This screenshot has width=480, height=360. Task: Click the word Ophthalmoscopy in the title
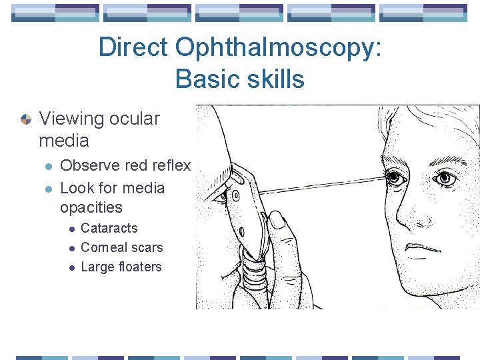(x=279, y=48)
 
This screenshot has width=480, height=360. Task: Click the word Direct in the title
(x=133, y=48)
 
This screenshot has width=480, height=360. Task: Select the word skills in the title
(x=275, y=79)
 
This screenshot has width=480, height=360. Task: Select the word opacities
(x=91, y=207)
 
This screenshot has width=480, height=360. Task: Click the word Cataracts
(x=109, y=228)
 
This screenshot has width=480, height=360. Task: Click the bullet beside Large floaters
(x=71, y=267)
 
